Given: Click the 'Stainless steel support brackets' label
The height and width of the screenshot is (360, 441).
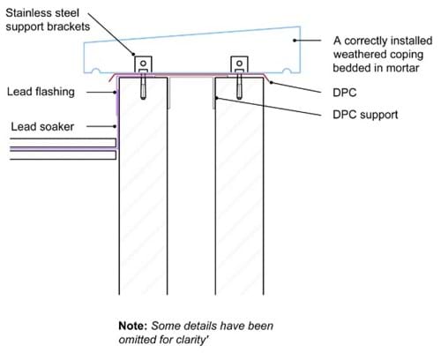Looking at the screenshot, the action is [x=48, y=19].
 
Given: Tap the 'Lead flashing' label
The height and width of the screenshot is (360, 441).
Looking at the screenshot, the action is [x=41, y=92].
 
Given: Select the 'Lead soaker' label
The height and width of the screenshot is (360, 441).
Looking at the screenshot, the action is [x=42, y=127].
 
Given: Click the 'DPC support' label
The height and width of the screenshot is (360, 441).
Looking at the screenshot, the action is [x=365, y=115].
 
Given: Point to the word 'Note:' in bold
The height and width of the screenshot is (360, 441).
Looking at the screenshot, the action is [x=133, y=326].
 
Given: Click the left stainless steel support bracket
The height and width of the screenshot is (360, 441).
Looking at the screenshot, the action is [x=143, y=64].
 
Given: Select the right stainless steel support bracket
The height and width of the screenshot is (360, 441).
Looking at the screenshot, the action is [x=239, y=64].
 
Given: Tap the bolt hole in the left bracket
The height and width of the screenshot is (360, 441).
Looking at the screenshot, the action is [x=143, y=64].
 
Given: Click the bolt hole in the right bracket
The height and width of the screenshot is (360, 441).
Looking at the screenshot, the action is [x=239, y=64].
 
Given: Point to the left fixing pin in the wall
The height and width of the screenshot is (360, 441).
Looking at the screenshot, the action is [x=143, y=86].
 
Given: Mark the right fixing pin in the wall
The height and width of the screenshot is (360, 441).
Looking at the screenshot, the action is [x=239, y=86].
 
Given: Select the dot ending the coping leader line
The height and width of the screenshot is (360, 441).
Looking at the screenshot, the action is [x=295, y=41].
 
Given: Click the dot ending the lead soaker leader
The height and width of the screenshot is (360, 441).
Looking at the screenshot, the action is [x=116, y=126].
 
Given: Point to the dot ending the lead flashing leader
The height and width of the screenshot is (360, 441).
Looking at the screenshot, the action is [x=116, y=92].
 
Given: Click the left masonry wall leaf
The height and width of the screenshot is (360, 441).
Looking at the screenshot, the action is [x=143, y=186].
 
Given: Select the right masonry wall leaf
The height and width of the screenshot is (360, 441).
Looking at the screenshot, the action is [x=239, y=186].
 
